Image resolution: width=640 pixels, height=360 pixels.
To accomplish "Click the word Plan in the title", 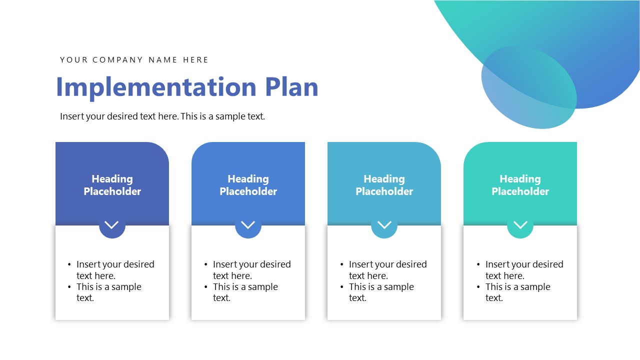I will click(x=291, y=87).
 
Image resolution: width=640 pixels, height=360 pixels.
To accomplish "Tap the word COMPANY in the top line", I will click(x=117, y=60).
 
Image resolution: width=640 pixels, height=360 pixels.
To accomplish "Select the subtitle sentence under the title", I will click(x=162, y=116).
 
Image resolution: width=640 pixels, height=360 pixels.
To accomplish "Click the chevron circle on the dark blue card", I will click(x=112, y=225).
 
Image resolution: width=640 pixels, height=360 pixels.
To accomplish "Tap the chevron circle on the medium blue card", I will click(x=248, y=225).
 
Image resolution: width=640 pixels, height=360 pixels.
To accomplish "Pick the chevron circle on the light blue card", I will click(x=384, y=225).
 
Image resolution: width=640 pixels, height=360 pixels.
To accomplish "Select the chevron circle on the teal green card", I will click(x=520, y=225).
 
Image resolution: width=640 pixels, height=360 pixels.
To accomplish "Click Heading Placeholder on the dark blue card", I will click(x=112, y=185).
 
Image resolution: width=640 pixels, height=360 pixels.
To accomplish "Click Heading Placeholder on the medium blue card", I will click(x=248, y=185).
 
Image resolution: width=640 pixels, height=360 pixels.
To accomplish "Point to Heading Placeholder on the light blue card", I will click(x=384, y=185).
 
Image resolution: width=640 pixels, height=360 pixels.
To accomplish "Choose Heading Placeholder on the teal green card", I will click(x=520, y=185).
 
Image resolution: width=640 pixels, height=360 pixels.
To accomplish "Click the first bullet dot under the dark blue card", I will click(x=69, y=264).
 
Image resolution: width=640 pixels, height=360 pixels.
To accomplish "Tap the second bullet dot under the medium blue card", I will click(x=206, y=287).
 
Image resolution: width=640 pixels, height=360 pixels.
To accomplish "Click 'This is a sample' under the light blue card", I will click(x=381, y=287).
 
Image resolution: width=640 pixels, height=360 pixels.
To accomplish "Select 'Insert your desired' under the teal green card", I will click(x=524, y=264).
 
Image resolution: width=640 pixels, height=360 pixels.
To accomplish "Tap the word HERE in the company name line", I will click(x=195, y=60).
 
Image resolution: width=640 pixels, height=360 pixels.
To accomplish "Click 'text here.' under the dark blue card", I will click(x=96, y=275).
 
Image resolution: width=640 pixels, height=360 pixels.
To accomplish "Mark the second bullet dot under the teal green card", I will click(x=478, y=287).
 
